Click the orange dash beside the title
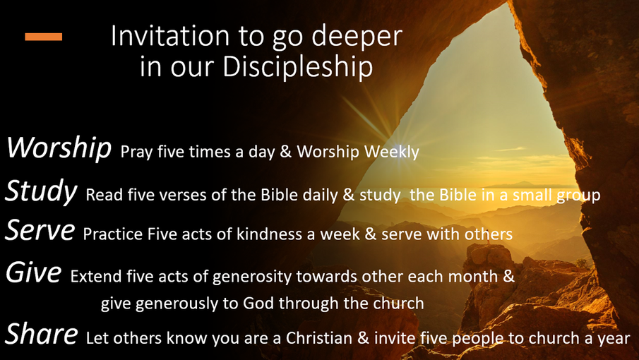click(x=44, y=37)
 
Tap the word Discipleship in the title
click(x=298, y=66)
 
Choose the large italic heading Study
click(x=41, y=191)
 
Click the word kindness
click(x=274, y=234)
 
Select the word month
click(x=473, y=277)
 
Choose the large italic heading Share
click(x=41, y=333)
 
